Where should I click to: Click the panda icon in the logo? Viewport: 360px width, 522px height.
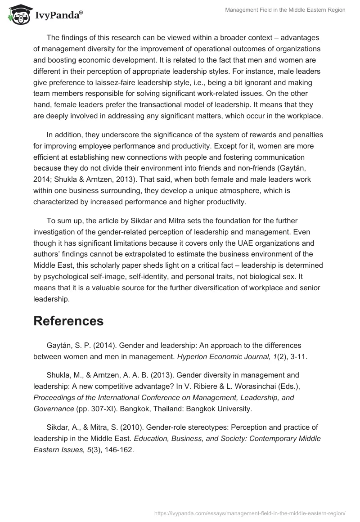click(18, 14)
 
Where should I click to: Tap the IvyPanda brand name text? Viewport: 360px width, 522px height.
click(58, 15)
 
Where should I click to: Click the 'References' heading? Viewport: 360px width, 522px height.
click(68, 321)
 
